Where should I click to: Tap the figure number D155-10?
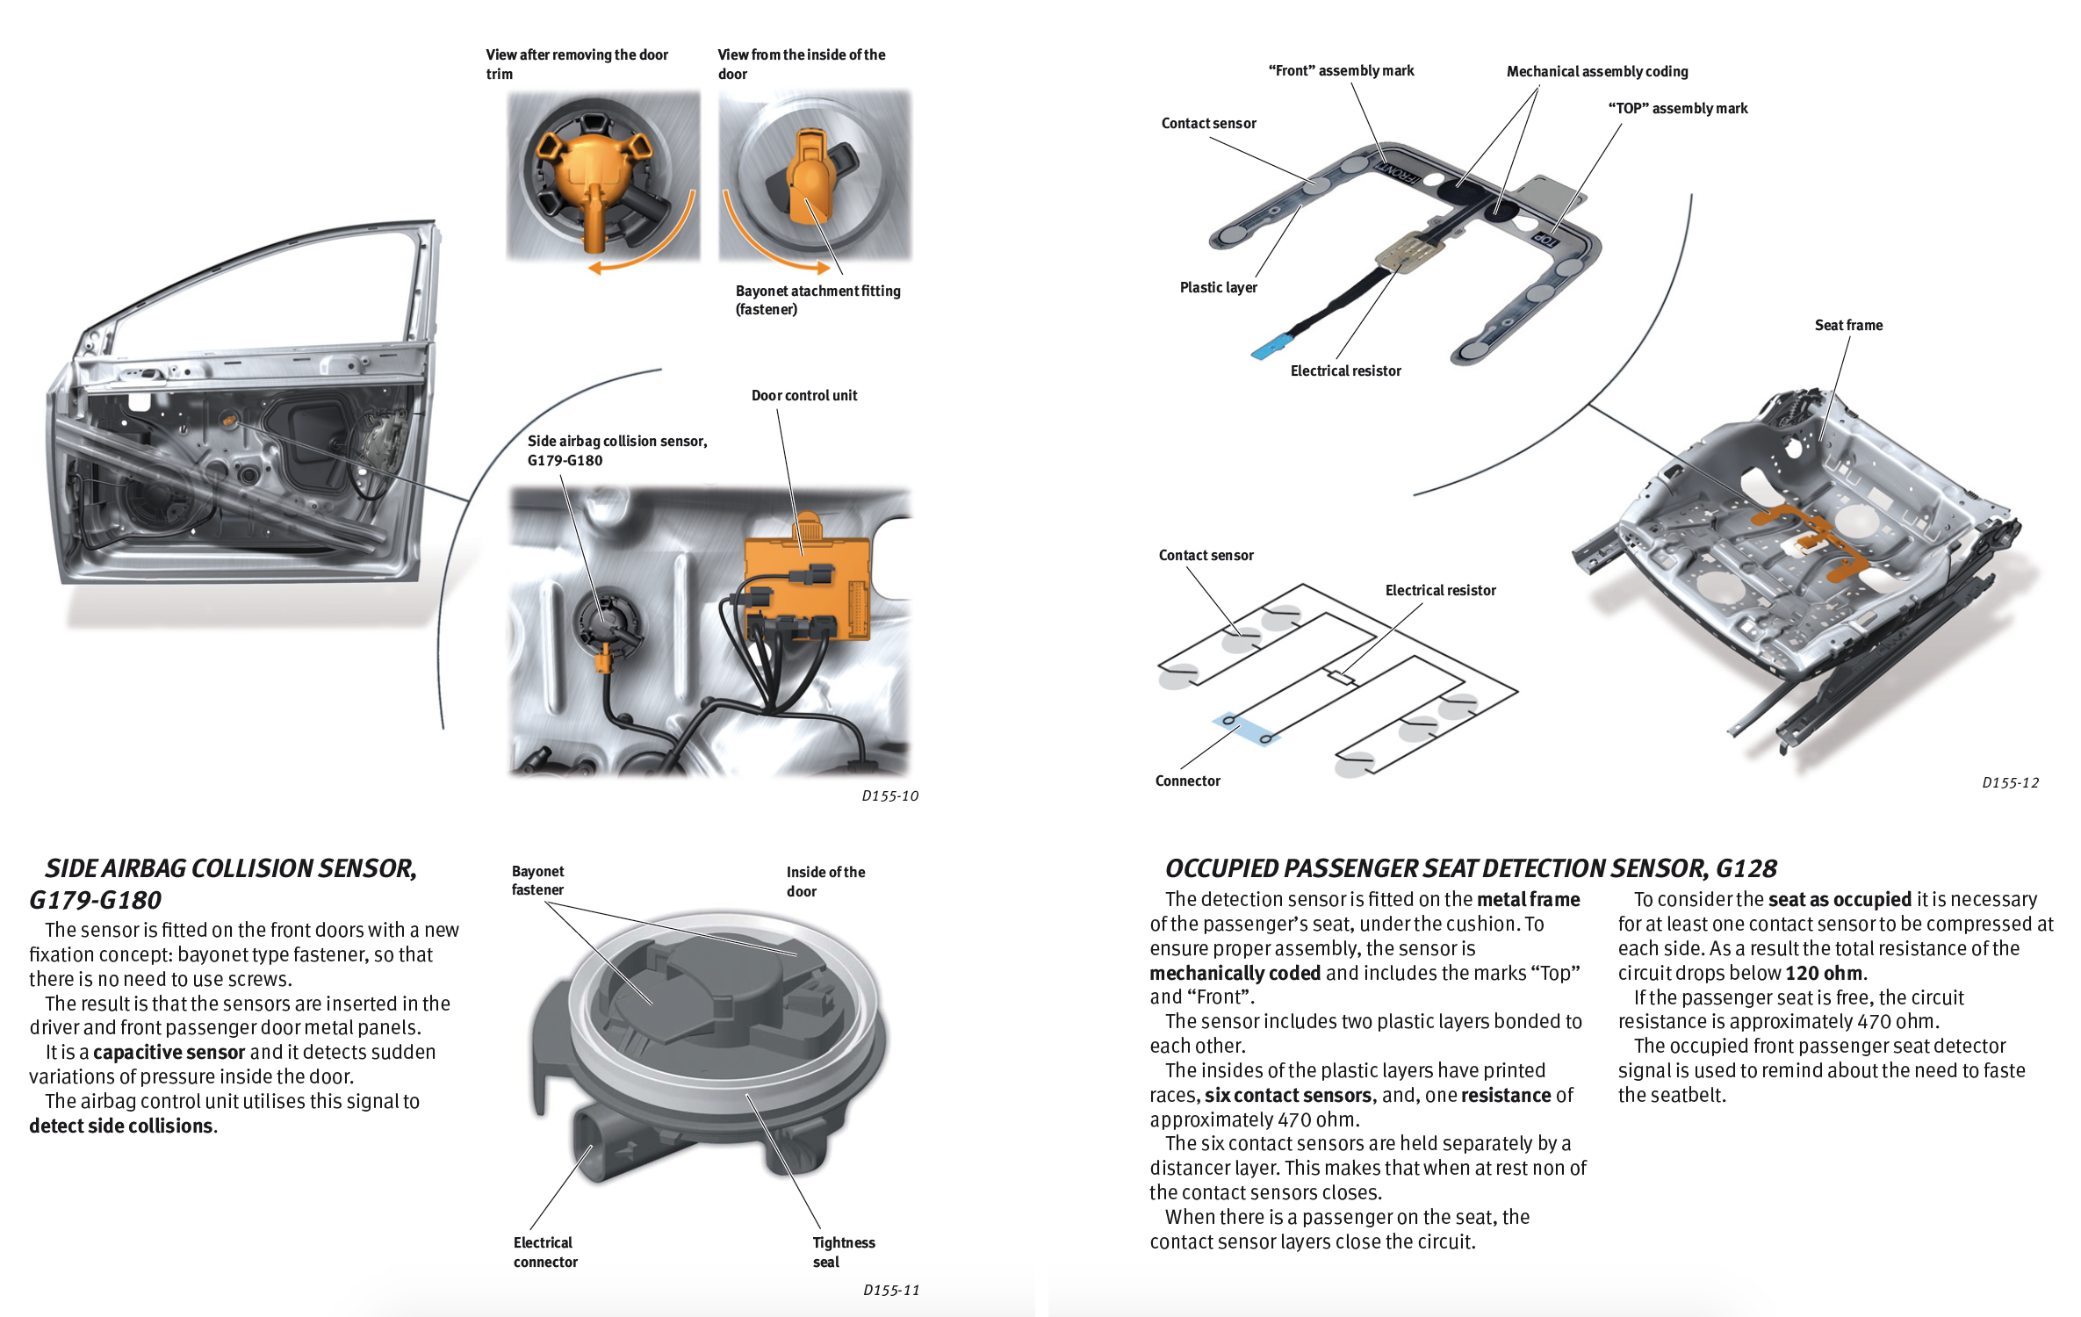pyautogui.click(x=889, y=796)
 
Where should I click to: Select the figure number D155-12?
pyautogui.click(x=2010, y=783)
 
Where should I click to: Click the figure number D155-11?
pyautogui.click(x=891, y=1290)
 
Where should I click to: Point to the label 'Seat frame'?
pyautogui.click(x=1848, y=326)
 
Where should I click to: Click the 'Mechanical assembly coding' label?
pyautogui.click(x=1596, y=72)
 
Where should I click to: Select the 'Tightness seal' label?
pyautogui.click(x=843, y=1252)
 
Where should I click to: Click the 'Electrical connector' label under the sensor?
pyautogui.click(x=545, y=1252)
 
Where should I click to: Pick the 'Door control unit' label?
pyautogui.click(x=803, y=396)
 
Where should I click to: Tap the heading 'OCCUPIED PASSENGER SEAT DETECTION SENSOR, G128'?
pyautogui.click(x=1470, y=868)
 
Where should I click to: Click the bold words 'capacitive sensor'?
pyautogui.click(x=169, y=1053)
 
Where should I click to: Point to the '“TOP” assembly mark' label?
pyautogui.click(x=1677, y=109)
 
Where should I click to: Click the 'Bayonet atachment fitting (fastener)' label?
pyautogui.click(x=817, y=299)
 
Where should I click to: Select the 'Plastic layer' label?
pyautogui.click(x=1218, y=288)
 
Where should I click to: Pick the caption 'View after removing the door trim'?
pyautogui.click(x=577, y=64)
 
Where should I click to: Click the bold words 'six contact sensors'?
pyautogui.click(x=1287, y=1096)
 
